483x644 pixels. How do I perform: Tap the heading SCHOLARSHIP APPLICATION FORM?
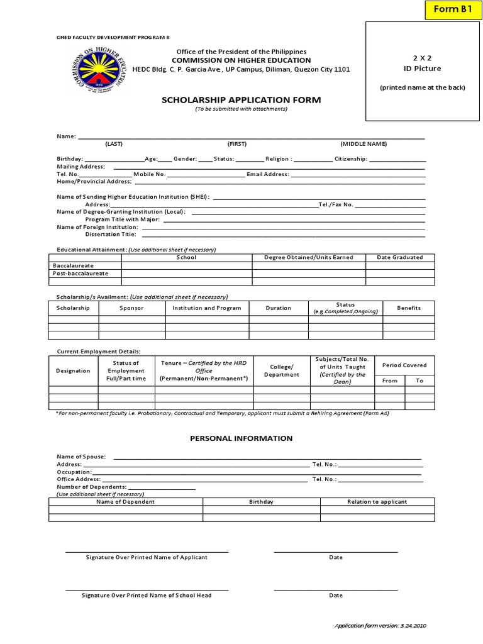coord(241,100)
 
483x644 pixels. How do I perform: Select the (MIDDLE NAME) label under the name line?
coord(364,144)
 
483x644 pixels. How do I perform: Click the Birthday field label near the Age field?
coord(70,159)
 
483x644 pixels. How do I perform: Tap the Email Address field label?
coord(268,174)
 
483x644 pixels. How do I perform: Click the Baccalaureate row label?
coord(74,265)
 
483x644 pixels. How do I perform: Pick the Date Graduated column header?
coord(399,257)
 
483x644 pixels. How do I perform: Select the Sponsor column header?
coord(131,308)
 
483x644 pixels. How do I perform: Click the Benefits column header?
coord(409,308)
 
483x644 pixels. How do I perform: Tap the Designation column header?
coord(73,370)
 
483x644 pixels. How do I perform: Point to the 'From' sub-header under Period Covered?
coord(389,380)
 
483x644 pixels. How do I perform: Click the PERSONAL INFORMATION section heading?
coord(241,438)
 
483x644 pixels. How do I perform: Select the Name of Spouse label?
coord(82,457)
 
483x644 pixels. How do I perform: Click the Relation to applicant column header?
coord(377,502)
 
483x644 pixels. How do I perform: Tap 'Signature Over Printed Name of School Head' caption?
coord(147,595)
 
